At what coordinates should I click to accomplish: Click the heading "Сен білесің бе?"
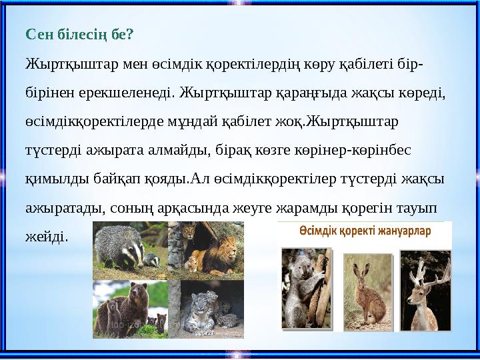[x=80, y=33]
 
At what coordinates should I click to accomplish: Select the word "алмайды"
[x=177, y=151]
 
